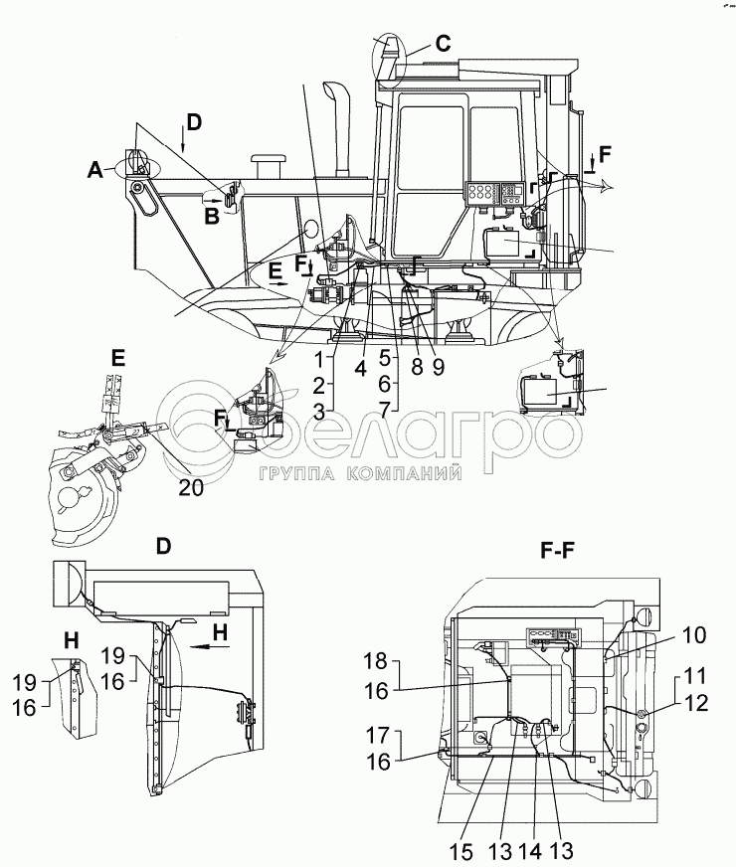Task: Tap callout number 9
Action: (438, 366)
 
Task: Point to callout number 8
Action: (418, 366)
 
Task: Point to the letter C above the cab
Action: (442, 43)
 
